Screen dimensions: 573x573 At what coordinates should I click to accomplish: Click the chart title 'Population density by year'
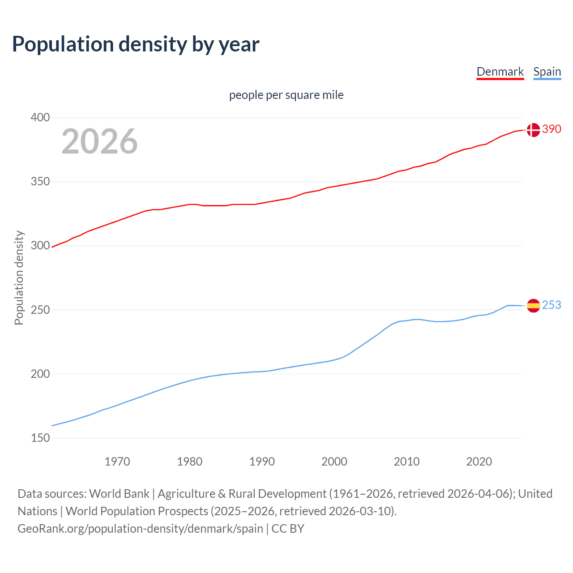click(x=136, y=44)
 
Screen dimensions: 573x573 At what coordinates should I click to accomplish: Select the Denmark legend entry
click(x=500, y=72)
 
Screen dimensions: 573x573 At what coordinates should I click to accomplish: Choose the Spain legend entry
click(x=547, y=72)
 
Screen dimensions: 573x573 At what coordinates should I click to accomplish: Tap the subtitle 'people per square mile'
click(x=286, y=95)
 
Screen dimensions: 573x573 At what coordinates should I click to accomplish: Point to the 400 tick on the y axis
click(x=40, y=118)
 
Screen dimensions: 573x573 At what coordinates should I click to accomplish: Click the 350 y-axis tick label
click(x=40, y=182)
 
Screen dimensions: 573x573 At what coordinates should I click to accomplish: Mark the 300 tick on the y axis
click(x=40, y=246)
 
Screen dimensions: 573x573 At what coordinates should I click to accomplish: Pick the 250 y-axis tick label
click(x=40, y=310)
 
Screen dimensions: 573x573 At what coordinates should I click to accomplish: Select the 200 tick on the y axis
click(x=40, y=374)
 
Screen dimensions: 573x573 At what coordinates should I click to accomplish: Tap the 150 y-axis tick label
click(x=40, y=438)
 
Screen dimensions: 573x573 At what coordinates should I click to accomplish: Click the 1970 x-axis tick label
click(x=117, y=462)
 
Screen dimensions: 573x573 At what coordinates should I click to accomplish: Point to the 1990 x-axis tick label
click(x=262, y=462)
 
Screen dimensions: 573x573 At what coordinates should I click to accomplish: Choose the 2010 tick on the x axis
click(x=406, y=462)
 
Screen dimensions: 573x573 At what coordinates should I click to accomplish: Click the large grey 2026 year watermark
click(x=99, y=141)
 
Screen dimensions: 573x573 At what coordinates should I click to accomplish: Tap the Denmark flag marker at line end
click(x=533, y=130)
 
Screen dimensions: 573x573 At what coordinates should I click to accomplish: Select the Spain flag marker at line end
click(x=533, y=306)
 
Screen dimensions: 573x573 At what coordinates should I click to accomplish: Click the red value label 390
click(x=552, y=129)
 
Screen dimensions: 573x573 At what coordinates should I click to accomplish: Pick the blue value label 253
click(x=552, y=305)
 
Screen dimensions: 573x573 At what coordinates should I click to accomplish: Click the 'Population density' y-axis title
click(x=19, y=278)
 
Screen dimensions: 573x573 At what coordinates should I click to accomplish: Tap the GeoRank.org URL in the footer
click(x=140, y=529)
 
